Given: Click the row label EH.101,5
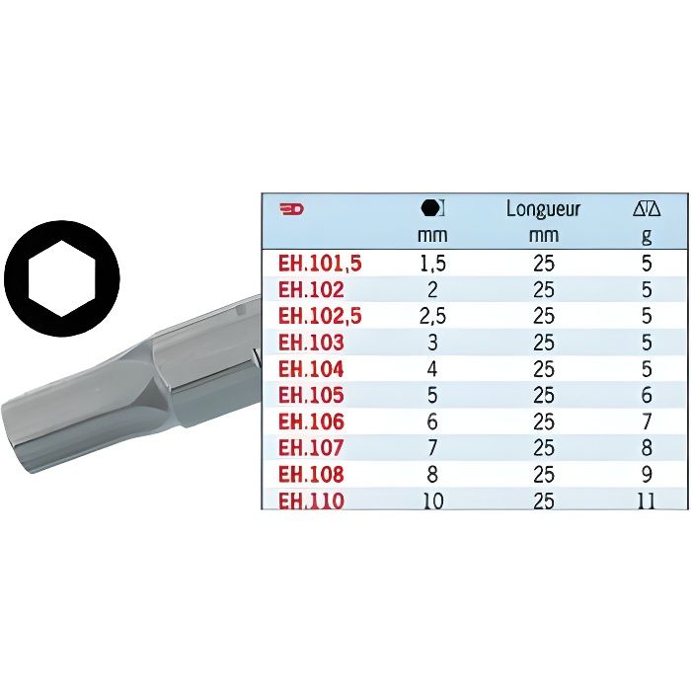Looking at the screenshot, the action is click(x=320, y=264).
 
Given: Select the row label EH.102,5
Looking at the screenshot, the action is click(x=320, y=316).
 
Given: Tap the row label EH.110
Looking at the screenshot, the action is click(x=311, y=500).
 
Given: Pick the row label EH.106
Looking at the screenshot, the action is click(x=311, y=422).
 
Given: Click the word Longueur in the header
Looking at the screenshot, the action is click(x=543, y=208).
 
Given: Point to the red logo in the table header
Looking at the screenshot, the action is click(x=292, y=209).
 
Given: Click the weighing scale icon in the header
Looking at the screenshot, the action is click(x=647, y=209).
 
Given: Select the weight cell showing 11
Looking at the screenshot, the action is click(x=647, y=500).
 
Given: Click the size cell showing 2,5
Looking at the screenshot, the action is click(x=432, y=316).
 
